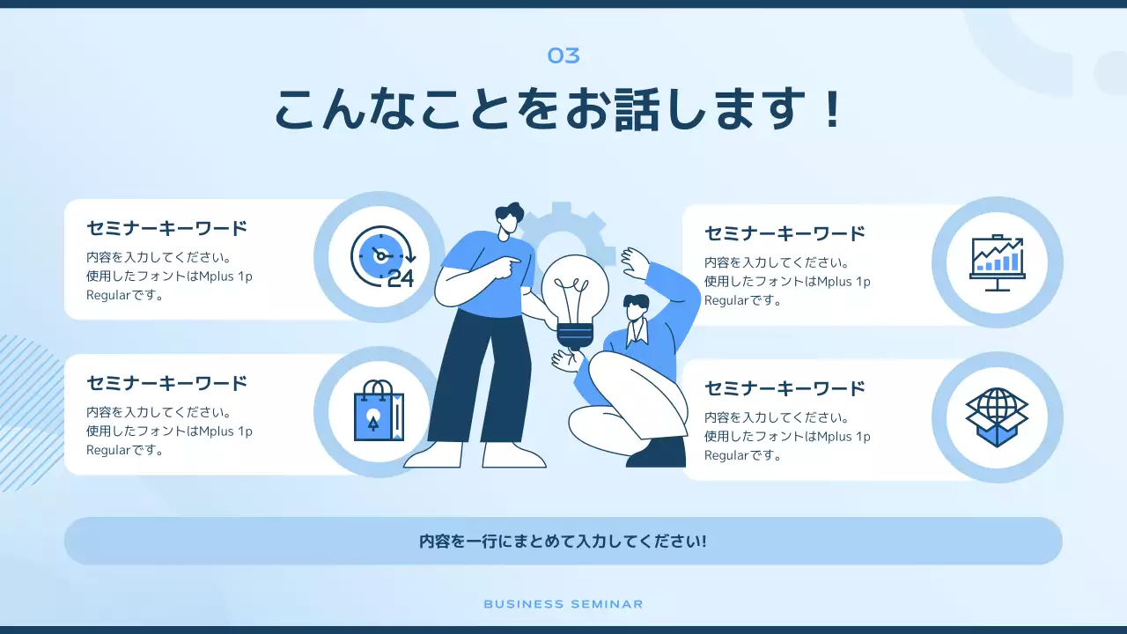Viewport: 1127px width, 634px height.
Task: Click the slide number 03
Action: click(x=563, y=56)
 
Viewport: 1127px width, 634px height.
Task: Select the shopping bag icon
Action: click(x=379, y=411)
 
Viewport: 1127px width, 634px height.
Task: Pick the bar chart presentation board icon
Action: click(x=997, y=262)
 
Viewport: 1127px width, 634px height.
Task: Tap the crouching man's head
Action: click(x=636, y=308)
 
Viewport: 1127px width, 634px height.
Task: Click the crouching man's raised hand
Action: click(x=634, y=261)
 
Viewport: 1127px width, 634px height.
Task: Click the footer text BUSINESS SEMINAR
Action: click(x=563, y=604)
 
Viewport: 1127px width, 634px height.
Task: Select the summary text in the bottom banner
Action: click(x=563, y=541)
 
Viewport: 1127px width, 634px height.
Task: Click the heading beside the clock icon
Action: click(x=167, y=228)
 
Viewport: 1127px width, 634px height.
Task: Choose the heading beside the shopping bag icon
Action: click(x=167, y=383)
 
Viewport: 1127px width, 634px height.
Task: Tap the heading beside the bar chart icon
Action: click(x=785, y=233)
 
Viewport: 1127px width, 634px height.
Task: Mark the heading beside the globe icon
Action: click(x=785, y=388)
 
